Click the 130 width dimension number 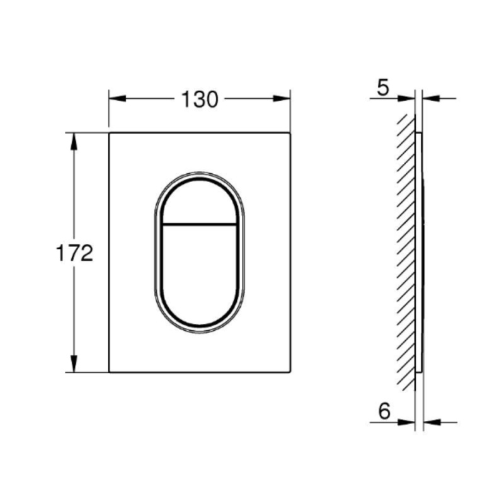200,100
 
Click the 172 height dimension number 74,253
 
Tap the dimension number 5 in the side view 383,88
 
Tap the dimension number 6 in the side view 384,411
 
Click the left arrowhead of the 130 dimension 117,98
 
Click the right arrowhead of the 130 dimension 282,98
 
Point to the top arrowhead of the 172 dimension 74,141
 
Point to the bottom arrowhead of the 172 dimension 74,364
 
